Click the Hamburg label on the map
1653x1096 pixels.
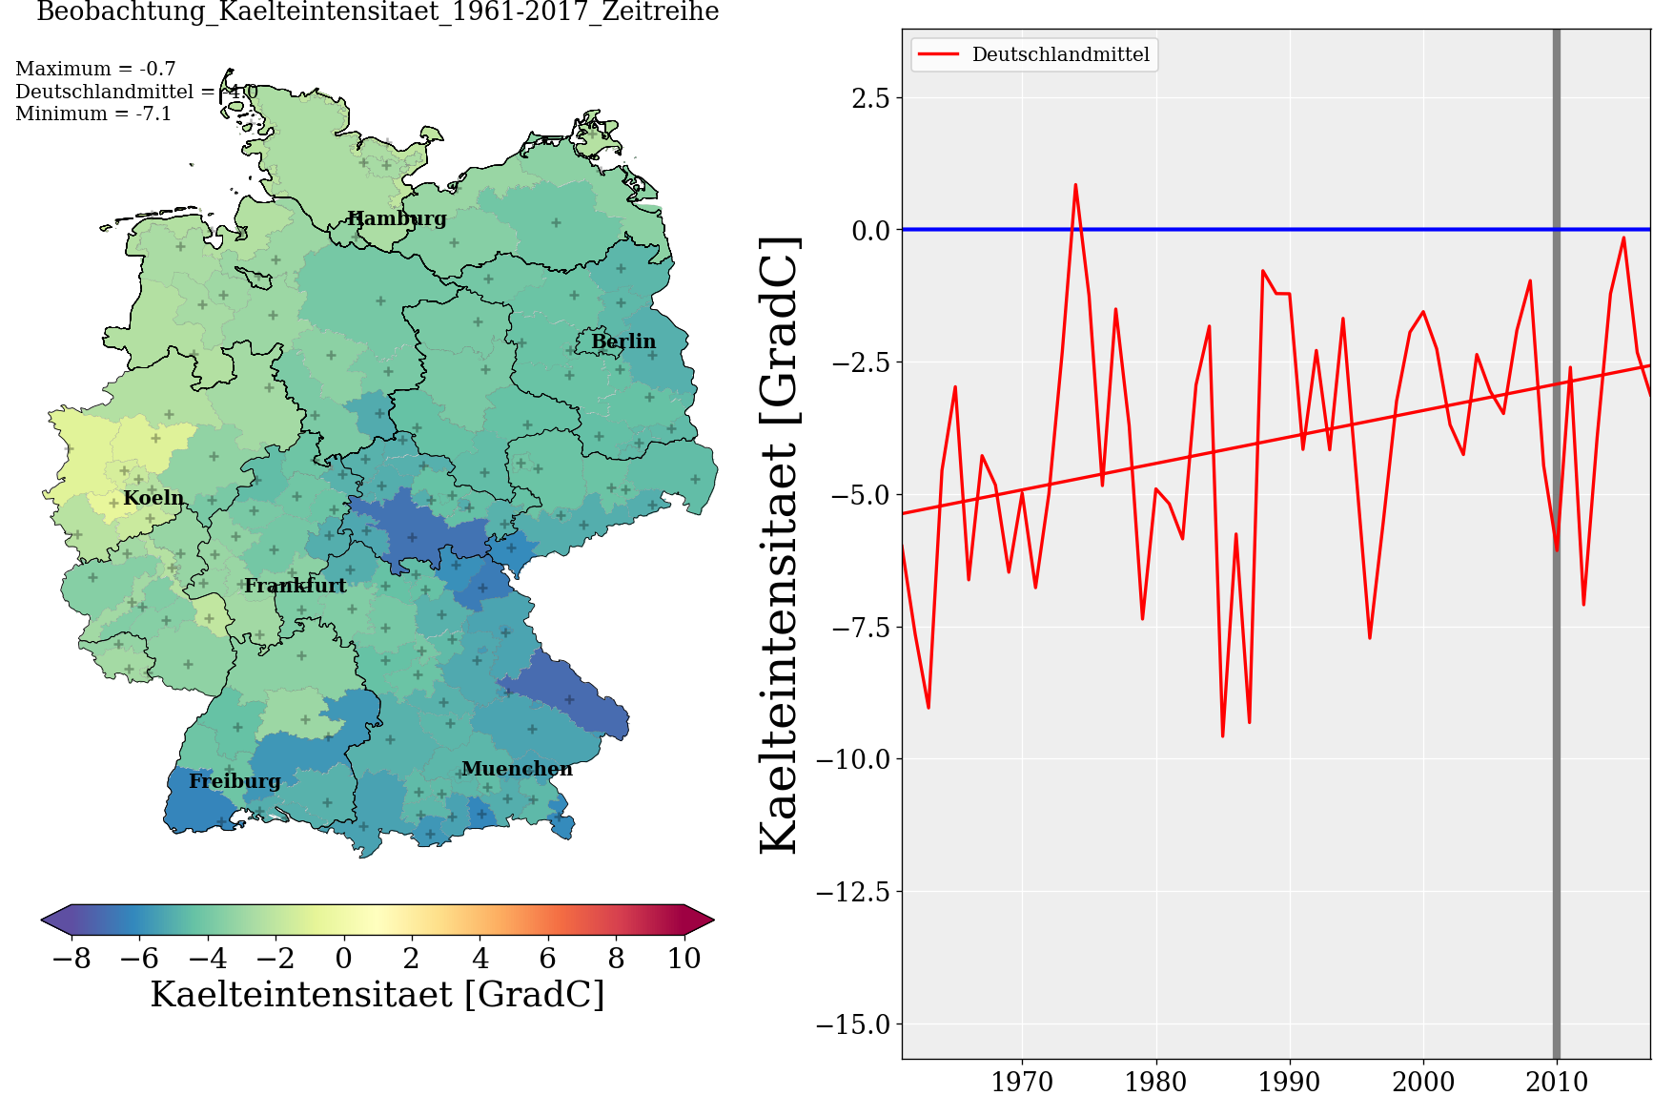tap(397, 218)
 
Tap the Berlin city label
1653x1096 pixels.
tap(623, 341)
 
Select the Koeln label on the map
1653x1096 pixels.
tap(153, 498)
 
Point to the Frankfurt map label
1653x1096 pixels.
tap(296, 586)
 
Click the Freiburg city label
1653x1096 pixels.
tap(235, 781)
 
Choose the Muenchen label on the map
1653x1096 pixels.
tap(517, 769)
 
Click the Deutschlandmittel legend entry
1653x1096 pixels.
tap(1060, 54)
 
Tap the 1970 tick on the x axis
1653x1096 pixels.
tap(1022, 1082)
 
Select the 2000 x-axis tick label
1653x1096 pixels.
tap(1423, 1082)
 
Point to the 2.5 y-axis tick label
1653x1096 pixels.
tap(870, 98)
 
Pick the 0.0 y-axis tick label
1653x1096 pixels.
tap(870, 230)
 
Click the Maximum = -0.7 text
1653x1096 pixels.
tap(95, 69)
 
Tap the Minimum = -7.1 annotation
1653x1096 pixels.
tap(93, 114)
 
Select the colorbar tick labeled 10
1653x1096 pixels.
tap(684, 958)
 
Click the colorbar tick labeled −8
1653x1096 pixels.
tap(71, 958)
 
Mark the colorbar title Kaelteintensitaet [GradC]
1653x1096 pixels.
tap(378, 994)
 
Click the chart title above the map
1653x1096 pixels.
tap(378, 12)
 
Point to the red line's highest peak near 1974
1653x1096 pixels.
tap(1075, 185)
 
